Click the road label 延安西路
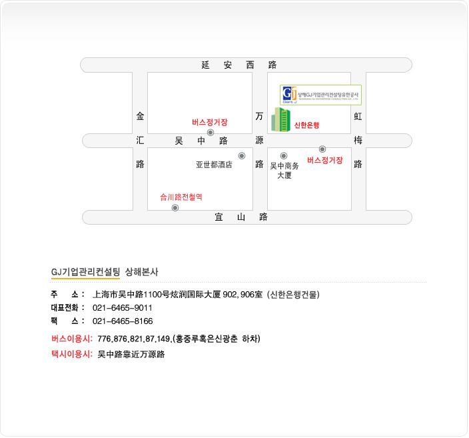pos(238,65)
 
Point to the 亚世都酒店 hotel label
pos(214,165)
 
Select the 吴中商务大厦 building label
pos(284,171)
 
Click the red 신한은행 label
pos(307,125)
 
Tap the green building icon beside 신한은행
pos(280,119)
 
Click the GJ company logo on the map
pos(289,95)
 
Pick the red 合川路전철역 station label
pos(181,197)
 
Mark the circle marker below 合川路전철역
pos(175,208)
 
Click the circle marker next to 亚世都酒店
pos(241,156)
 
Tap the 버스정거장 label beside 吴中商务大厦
pos(325,161)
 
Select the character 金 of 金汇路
pos(140,116)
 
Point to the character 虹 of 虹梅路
pos(358,116)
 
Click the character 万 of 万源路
pos(259,116)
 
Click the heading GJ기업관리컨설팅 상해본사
pos(105,272)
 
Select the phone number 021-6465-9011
pos(123,308)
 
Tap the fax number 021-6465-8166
pos(123,321)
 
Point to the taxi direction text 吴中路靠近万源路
pos(131,354)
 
